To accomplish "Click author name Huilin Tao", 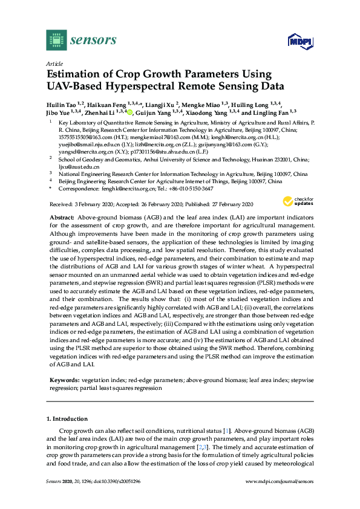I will point(64,104).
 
